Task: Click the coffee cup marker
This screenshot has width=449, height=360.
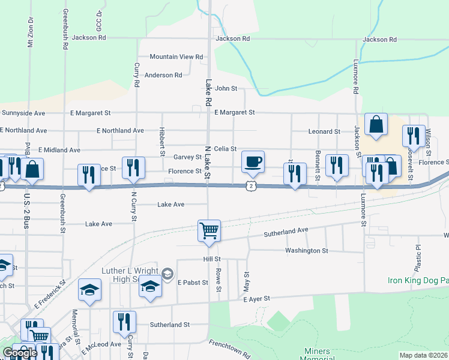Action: [x=253, y=161]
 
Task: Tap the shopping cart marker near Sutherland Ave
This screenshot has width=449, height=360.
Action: [x=209, y=230]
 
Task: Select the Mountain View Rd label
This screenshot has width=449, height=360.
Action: [x=176, y=56]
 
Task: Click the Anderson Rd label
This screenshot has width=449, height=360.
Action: [x=163, y=75]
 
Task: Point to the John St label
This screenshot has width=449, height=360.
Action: [x=226, y=88]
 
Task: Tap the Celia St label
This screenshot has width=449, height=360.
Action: [x=226, y=149]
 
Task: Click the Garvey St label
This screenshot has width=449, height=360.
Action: [x=187, y=157]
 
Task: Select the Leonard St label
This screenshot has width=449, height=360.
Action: [x=324, y=131]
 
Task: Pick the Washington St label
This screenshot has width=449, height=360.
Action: [x=307, y=250]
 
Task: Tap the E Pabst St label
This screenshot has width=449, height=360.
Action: [x=192, y=282]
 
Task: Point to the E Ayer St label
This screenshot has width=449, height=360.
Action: [x=258, y=298]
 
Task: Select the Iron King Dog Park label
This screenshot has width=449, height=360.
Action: [x=418, y=280]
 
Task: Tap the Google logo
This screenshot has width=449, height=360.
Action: [x=20, y=353]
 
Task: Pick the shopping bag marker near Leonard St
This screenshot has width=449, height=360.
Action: [x=376, y=125]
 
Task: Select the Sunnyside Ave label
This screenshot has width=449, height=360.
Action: [x=23, y=112]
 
